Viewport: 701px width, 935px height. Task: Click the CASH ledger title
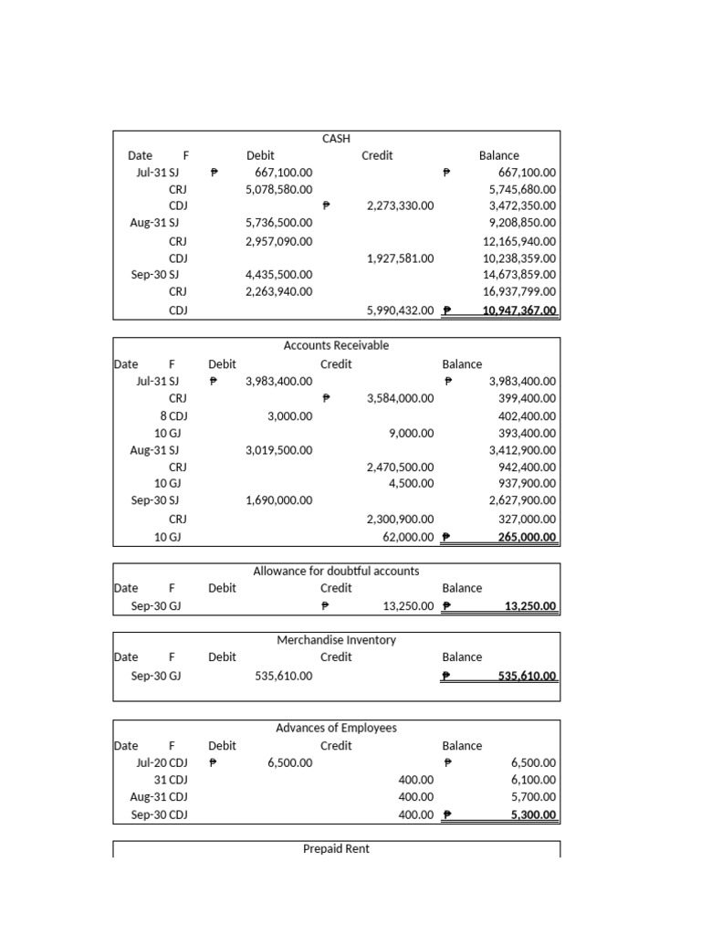coord(336,139)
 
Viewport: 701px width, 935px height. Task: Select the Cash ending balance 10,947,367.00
coord(518,310)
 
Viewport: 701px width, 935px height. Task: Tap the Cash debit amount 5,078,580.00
coord(278,189)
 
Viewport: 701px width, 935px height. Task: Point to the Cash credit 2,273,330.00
coord(400,206)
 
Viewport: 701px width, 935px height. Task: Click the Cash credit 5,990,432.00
coord(400,310)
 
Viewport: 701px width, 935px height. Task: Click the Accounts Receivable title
coord(336,345)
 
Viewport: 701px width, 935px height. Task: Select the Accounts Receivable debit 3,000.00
coord(289,415)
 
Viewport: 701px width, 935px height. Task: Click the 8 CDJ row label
coord(171,415)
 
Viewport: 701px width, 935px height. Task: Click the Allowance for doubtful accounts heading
coord(336,571)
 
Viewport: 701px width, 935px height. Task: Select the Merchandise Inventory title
coord(336,640)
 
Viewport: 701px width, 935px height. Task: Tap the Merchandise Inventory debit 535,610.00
coord(283,676)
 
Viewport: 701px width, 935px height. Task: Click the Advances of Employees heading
coord(336,728)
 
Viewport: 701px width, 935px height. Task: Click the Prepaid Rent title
coord(336,849)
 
